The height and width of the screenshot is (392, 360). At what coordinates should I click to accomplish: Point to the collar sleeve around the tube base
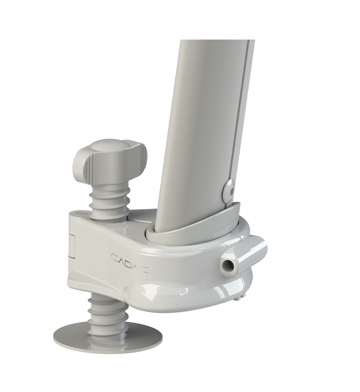click(194, 227)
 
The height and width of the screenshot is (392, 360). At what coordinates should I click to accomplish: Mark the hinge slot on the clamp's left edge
click(73, 245)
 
